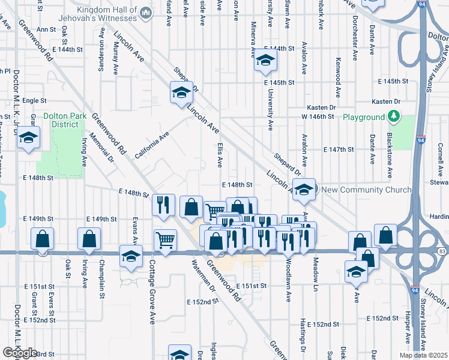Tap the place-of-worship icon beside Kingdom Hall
tap(146, 13)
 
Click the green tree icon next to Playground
tap(393, 116)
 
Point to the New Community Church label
tap(367, 190)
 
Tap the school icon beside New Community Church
tap(304, 189)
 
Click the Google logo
tap(20, 353)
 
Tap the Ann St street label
tap(46, 29)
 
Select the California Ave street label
tap(152, 146)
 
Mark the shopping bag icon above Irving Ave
tap(89, 238)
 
